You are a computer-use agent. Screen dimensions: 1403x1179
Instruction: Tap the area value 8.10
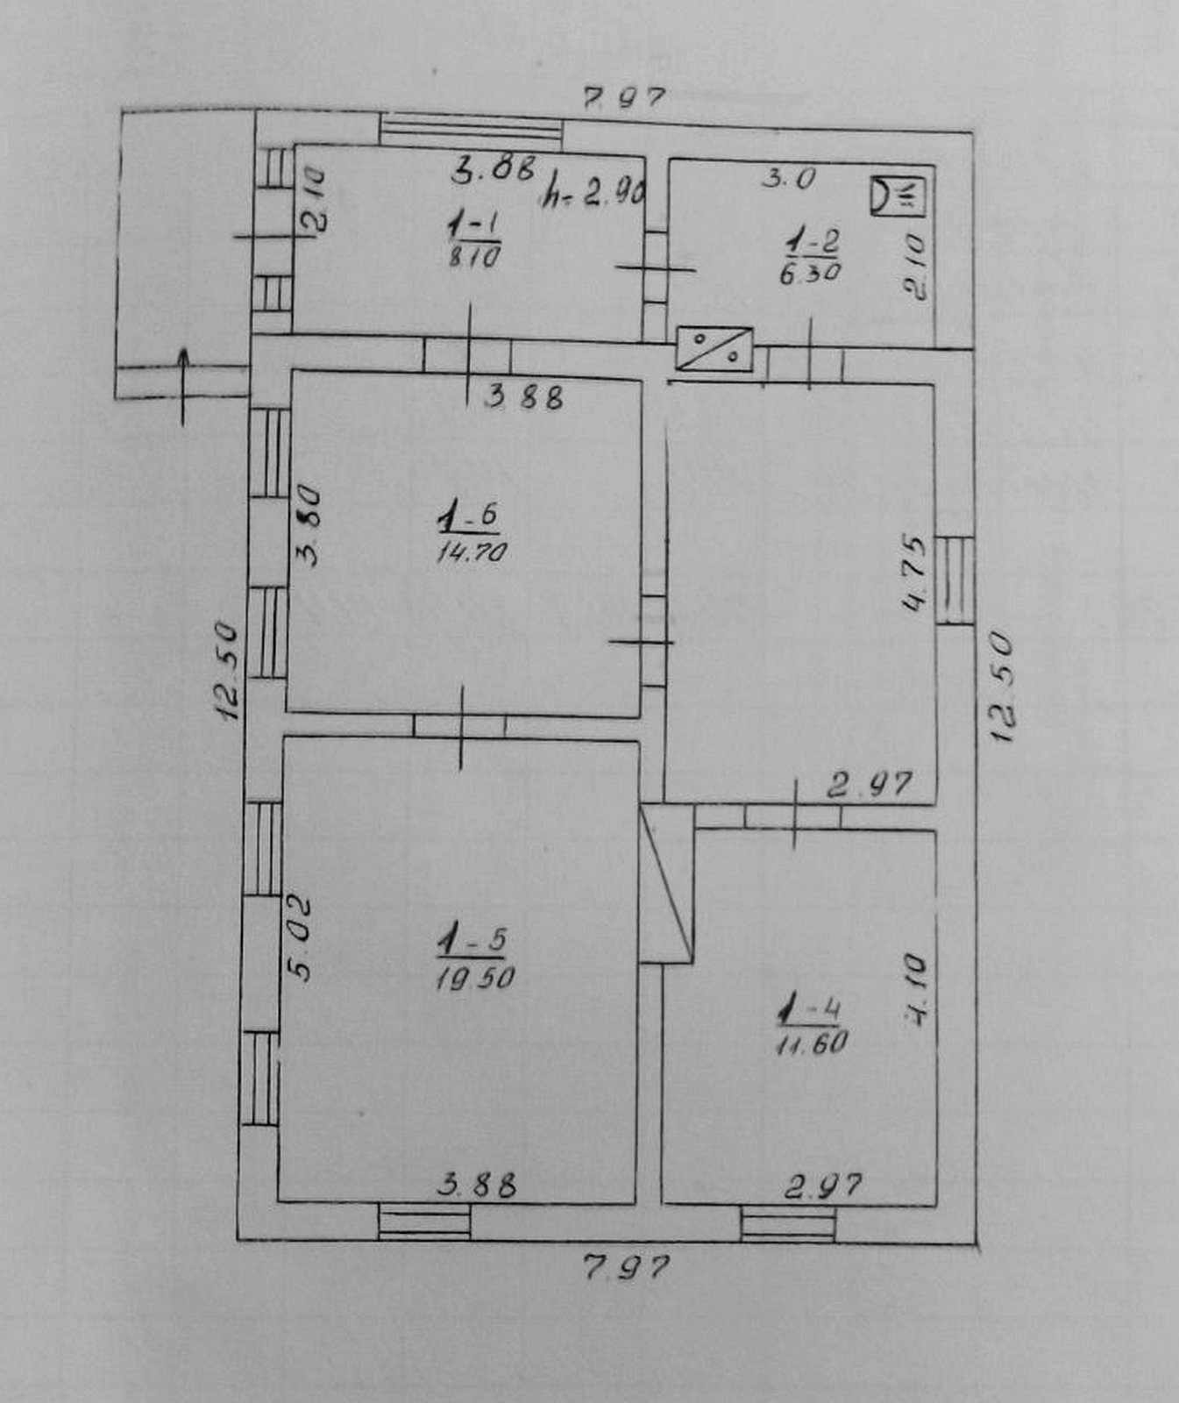473,258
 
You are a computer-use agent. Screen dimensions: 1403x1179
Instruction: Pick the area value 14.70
472,552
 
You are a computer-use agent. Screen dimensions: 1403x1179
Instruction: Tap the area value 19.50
474,977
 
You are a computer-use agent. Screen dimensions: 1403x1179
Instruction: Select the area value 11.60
811,1043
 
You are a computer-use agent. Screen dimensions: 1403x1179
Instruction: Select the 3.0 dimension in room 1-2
788,179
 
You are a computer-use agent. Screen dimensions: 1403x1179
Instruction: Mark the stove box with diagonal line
714,348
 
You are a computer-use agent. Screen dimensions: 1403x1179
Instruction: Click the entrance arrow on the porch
183,384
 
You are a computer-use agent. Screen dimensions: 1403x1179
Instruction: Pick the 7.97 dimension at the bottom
626,1267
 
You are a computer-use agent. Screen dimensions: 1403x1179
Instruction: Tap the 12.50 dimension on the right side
1001,687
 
